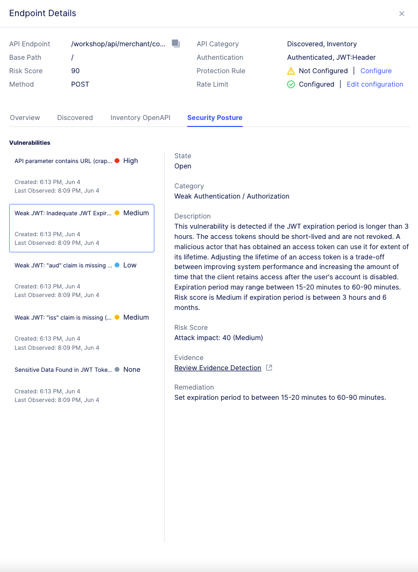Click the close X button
[x=401, y=14]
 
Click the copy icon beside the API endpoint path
[x=175, y=44]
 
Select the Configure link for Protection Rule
[x=376, y=71]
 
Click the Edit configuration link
[x=375, y=84]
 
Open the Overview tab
[x=25, y=118]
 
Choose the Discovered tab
[x=75, y=118]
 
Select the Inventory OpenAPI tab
[x=140, y=118]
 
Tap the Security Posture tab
[x=215, y=118]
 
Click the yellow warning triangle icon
[x=291, y=71]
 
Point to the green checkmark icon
[x=291, y=84]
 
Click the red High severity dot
[x=117, y=161]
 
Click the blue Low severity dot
[x=117, y=265]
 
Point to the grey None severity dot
[x=117, y=370]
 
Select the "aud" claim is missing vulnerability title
[x=63, y=265]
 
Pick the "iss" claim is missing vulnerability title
[x=63, y=317]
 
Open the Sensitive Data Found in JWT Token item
[x=63, y=370]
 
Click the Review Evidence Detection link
[x=218, y=368]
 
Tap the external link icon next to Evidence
[x=270, y=368]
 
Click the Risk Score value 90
[x=76, y=71]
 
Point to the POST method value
[x=80, y=84]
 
